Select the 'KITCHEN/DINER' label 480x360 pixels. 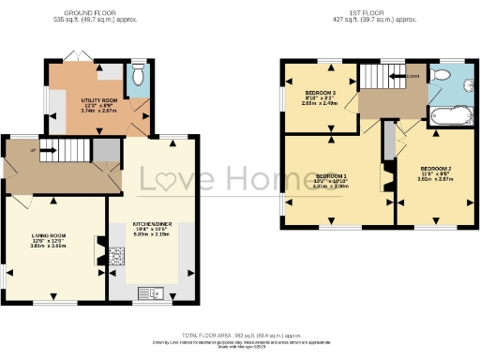pos(149,225)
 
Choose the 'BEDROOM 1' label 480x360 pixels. pos(331,176)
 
